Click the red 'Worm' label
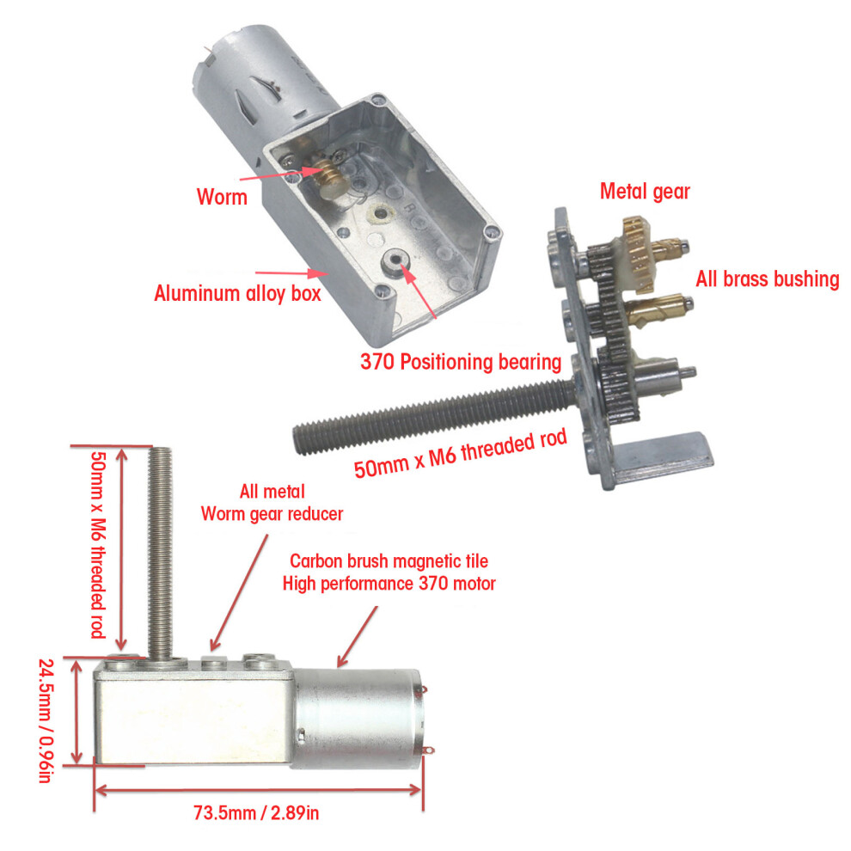(222, 197)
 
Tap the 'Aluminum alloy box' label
(237, 293)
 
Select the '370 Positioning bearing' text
(461, 361)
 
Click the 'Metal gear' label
(645, 191)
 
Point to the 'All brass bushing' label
(768, 279)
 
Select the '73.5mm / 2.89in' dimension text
(256, 813)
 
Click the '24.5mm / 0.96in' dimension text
(46, 720)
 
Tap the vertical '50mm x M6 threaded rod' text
(98, 544)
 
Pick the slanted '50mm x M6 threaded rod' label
(460, 453)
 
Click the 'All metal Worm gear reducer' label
(272, 503)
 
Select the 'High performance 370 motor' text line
(389, 584)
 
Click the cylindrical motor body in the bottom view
(358, 718)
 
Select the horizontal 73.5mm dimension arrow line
(259, 790)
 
